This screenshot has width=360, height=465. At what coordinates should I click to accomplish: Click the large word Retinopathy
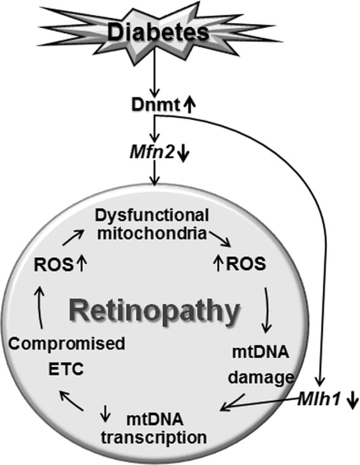(155, 312)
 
